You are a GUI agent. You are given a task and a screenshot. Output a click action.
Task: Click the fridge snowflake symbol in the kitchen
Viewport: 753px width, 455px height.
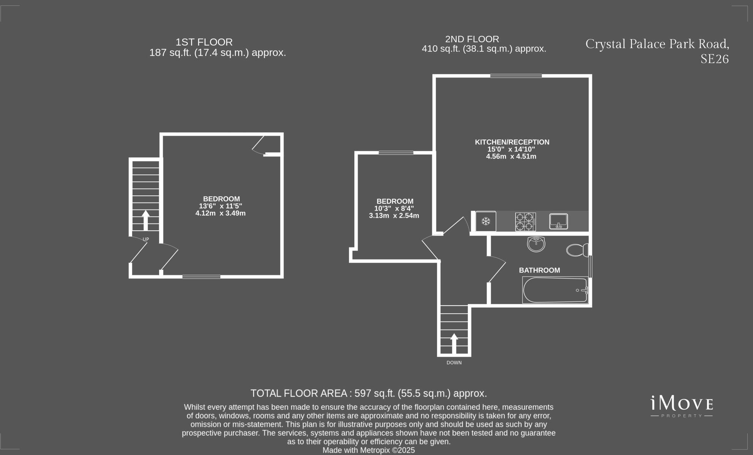pos(486,221)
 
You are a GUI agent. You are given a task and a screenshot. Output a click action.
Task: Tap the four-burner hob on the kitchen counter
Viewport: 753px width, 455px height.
pos(525,222)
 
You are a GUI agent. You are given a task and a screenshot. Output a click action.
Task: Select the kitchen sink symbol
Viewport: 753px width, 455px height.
pos(558,221)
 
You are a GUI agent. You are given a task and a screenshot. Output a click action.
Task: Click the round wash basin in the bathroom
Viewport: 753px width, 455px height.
pos(536,244)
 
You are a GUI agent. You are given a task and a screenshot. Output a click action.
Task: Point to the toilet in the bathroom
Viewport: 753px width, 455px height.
pos(577,250)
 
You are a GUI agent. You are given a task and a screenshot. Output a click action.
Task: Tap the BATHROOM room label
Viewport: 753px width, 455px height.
pos(539,270)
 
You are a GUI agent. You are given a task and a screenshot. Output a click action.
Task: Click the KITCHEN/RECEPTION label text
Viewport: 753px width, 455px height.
pos(512,142)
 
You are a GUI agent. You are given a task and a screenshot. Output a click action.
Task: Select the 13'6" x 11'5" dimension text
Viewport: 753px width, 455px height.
pos(220,206)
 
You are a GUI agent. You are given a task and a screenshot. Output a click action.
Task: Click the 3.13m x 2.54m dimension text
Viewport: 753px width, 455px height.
pos(394,216)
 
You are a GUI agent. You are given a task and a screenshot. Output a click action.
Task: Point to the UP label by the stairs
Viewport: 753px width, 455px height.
pos(146,239)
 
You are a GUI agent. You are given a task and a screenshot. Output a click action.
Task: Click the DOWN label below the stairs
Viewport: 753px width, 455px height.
pos(454,363)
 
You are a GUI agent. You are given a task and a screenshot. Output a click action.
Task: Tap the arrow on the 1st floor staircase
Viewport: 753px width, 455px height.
pos(145,220)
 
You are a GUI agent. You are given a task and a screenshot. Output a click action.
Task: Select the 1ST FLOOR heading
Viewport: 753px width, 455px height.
pos(204,42)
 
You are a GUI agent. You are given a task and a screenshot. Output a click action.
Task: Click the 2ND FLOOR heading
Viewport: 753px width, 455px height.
pos(472,39)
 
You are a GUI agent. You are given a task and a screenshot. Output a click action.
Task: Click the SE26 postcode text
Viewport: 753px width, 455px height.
pos(714,59)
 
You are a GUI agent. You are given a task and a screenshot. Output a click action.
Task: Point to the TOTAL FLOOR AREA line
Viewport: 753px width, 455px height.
pos(368,393)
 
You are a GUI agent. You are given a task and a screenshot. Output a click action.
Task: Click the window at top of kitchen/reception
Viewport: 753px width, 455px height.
pos(516,76)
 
